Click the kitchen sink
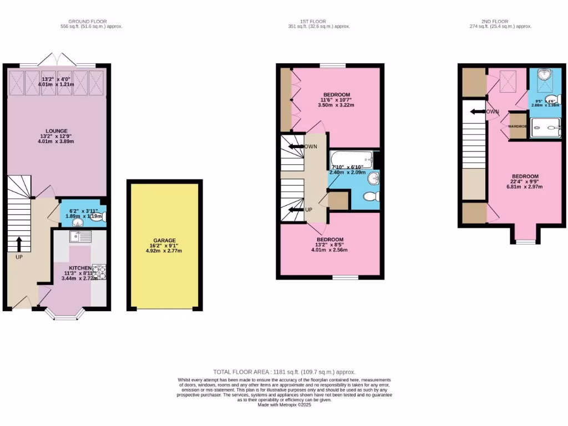click(x=81, y=237)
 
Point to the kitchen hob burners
click(x=99, y=272)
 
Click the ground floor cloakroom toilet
click(x=99, y=217)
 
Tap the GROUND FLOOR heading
click(x=92, y=22)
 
